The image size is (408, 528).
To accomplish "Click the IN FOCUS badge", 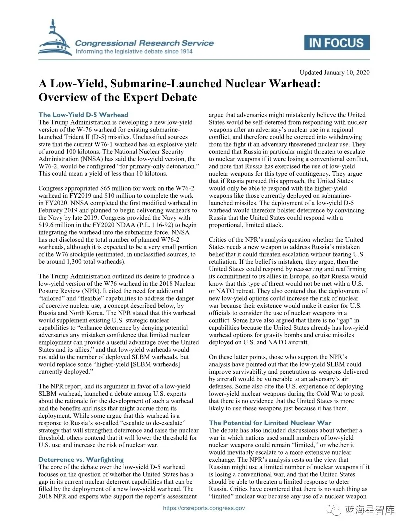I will click(x=337, y=43).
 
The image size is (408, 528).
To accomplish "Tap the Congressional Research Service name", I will click(x=144, y=43).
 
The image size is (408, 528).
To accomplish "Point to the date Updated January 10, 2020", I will click(x=334, y=73).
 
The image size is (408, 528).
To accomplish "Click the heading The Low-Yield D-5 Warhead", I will click(x=83, y=114).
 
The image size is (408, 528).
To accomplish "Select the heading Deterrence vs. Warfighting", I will click(x=81, y=459).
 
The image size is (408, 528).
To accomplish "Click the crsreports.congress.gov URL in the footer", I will click(x=204, y=508).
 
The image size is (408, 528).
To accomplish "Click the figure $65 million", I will click(x=104, y=188).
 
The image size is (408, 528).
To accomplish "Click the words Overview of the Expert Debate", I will click(x=118, y=97).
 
